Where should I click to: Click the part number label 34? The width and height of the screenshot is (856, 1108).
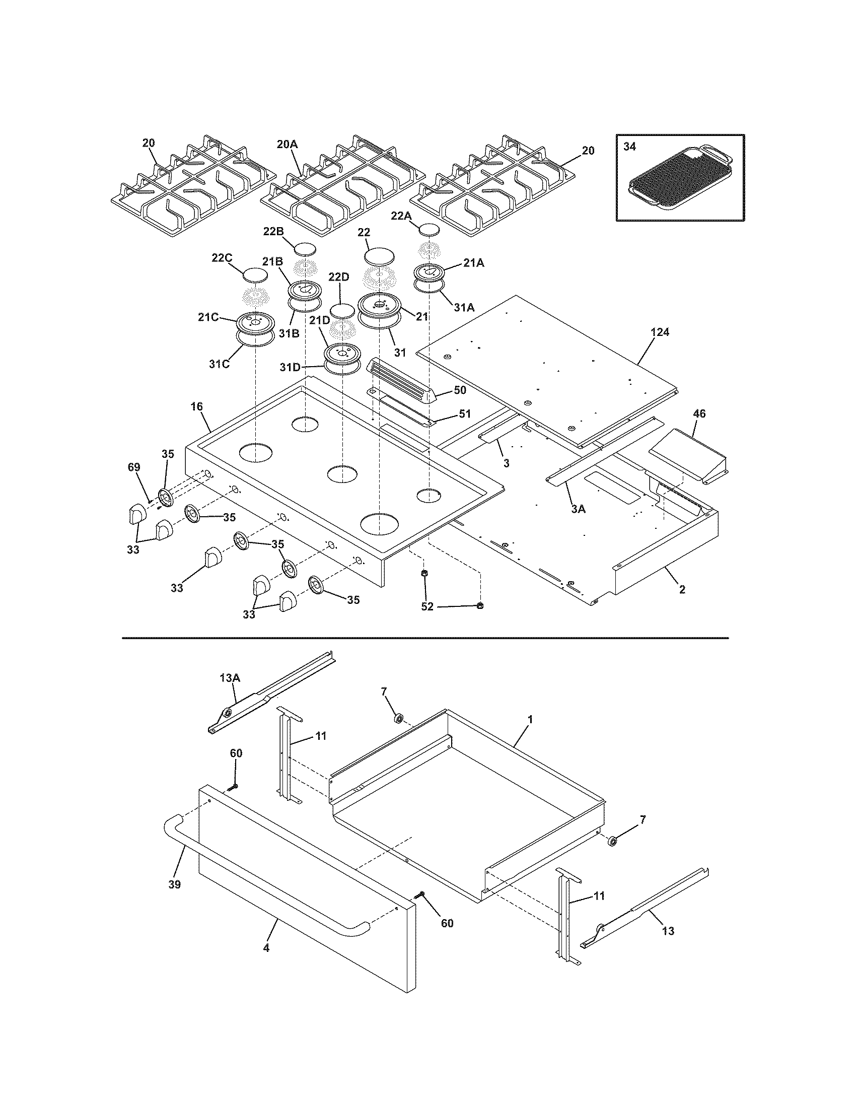tap(629, 147)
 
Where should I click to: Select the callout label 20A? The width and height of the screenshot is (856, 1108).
tap(287, 144)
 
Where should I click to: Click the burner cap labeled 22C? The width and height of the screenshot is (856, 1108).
tap(255, 275)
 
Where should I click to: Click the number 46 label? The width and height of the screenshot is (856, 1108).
tap(699, 413)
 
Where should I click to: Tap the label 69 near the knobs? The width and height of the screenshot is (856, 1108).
tap(134, 467)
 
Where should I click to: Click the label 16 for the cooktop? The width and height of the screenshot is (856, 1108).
tap(197, 406)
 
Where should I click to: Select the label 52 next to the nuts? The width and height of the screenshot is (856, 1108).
tap(427, 606)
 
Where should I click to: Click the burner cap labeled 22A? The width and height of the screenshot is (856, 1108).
tap(430, 229)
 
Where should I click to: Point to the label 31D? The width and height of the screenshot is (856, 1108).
tap(290, 367)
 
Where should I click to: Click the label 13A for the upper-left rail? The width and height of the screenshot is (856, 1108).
tap(230, 677)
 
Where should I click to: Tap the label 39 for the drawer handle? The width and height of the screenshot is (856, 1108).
tap(174, 884)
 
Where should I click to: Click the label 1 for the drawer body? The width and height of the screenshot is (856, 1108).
tap(530, 719)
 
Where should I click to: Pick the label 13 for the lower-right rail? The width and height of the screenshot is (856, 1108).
tap(668, 931)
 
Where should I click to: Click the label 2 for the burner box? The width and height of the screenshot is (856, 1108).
tap(682, 589)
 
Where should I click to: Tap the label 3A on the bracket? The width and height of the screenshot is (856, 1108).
tap(578, 509)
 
